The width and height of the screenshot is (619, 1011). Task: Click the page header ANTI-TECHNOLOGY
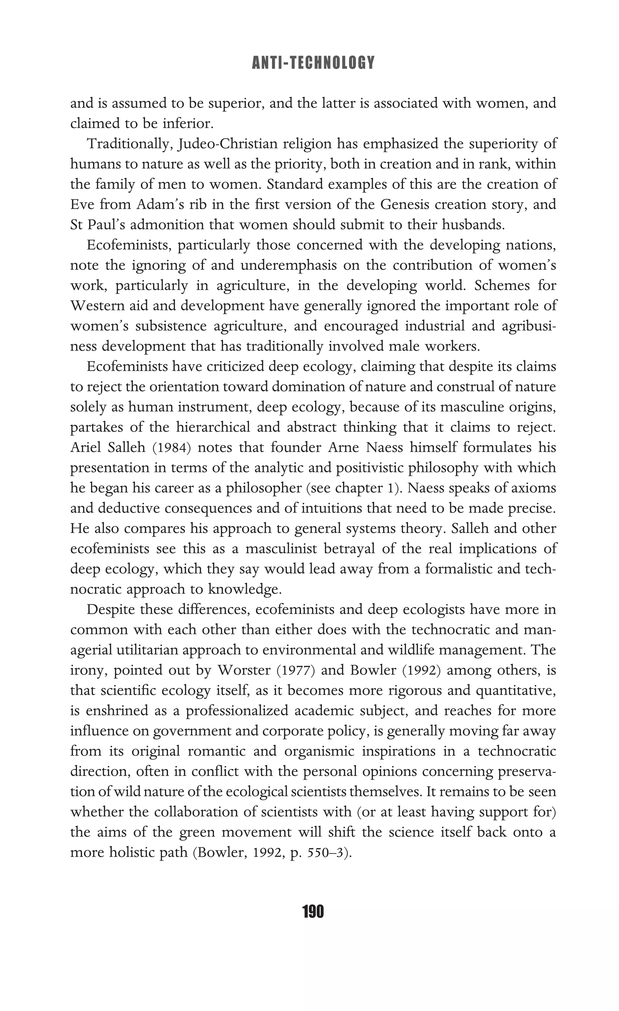click(x=313, y=63)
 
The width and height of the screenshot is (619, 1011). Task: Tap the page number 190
click(x=313, y=911)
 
